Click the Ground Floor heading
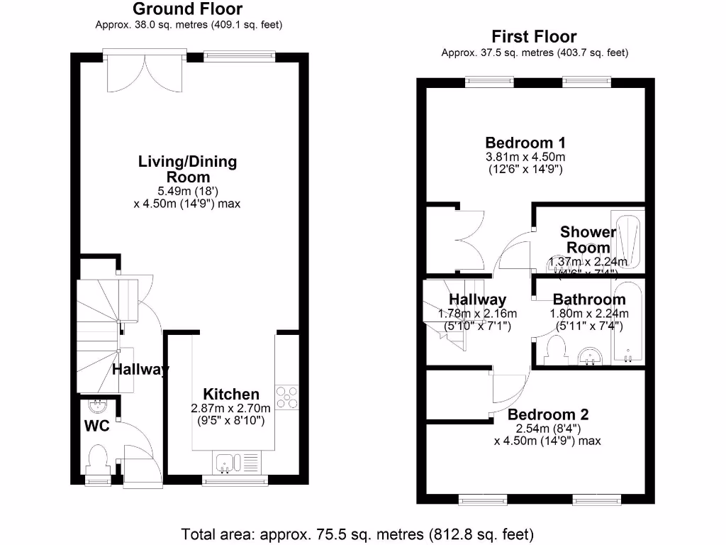click(x=187, y=9)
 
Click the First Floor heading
click(x=535, y=37)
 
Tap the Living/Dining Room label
click(x=187, y=169)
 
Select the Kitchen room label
click(x=231, y=394)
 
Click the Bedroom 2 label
click(x=548, y=414)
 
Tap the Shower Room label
click(x=588, y=239)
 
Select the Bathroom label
click(x=589, y=299)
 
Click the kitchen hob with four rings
click(x=286, y=397)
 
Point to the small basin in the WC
click(x=98, y=407)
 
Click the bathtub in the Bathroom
click(x=628, y=324)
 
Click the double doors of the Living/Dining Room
click(x=145, y=71)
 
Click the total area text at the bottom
click(x=357, y=534)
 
